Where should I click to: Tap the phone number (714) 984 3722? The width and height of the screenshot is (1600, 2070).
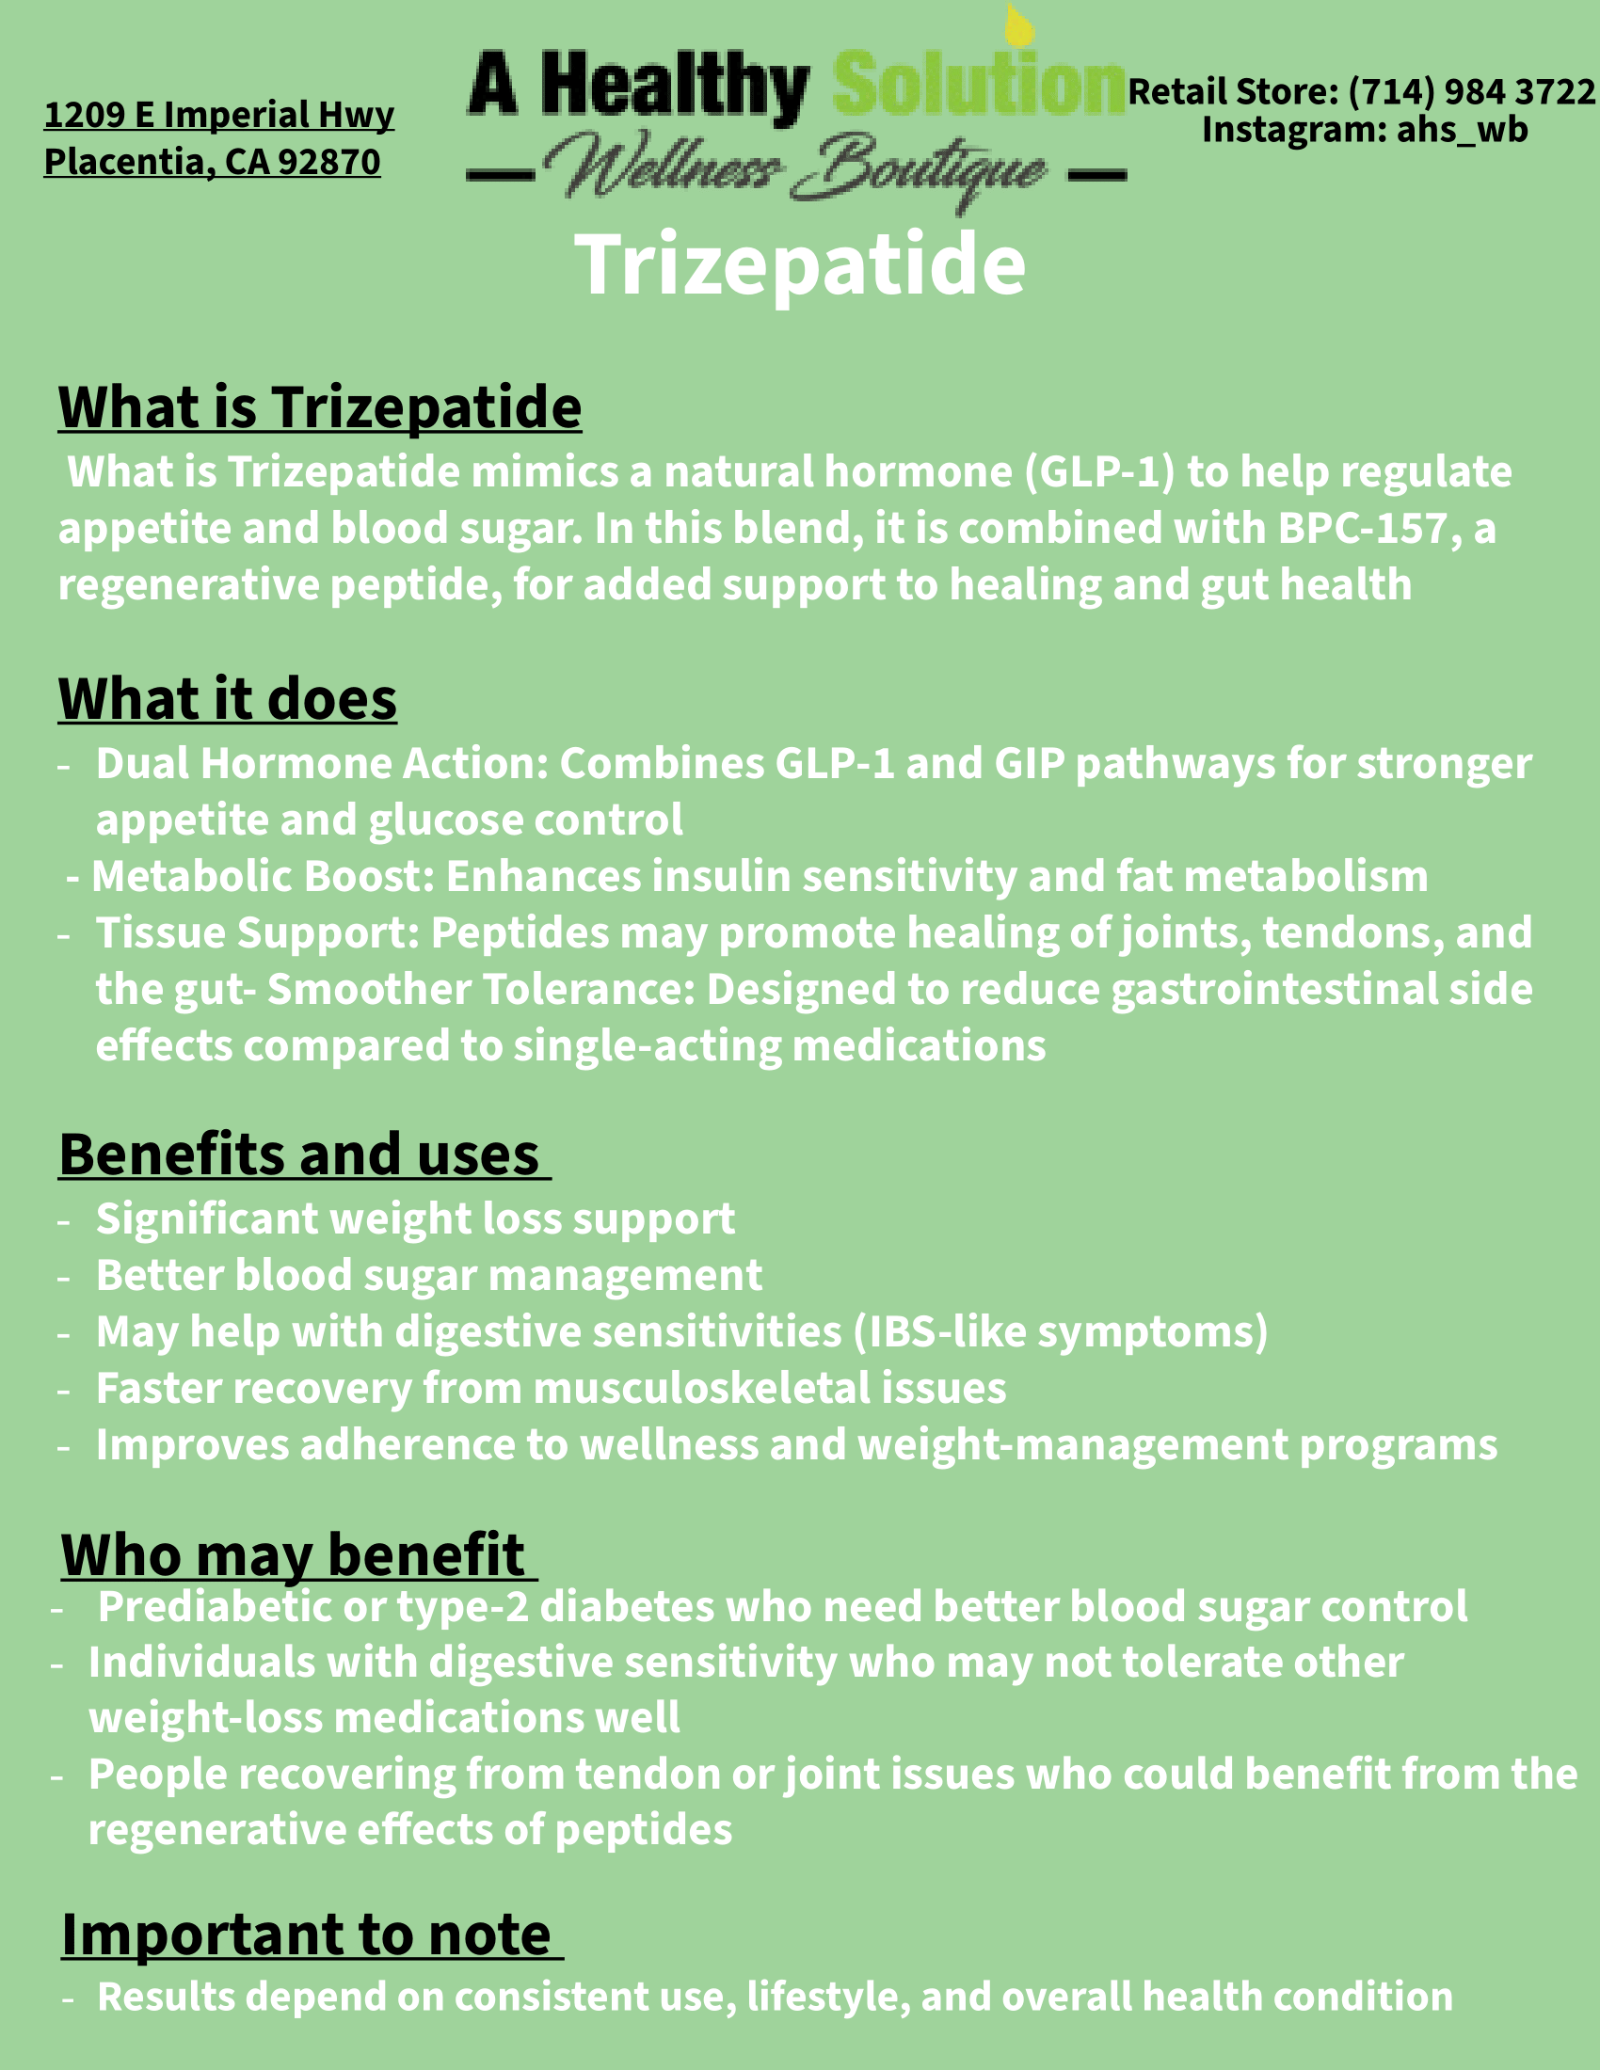pos(1471,92)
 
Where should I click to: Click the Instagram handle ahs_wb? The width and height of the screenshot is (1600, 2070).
pos(1462,130)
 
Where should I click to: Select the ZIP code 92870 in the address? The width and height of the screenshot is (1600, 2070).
pos(328,162)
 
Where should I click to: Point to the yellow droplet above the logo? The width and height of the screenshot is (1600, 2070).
pos(1018,26)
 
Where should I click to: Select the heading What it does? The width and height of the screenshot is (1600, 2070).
pos(228,699)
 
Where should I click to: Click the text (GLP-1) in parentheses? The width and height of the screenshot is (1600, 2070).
pos(1099,472)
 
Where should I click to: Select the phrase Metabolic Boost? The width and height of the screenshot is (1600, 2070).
pos(263,877)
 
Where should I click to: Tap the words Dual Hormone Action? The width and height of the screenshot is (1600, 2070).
pos(321,764)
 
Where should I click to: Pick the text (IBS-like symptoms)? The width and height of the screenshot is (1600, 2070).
pos(1060,1331)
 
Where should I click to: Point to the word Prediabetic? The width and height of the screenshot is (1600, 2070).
pos(215,1606)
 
